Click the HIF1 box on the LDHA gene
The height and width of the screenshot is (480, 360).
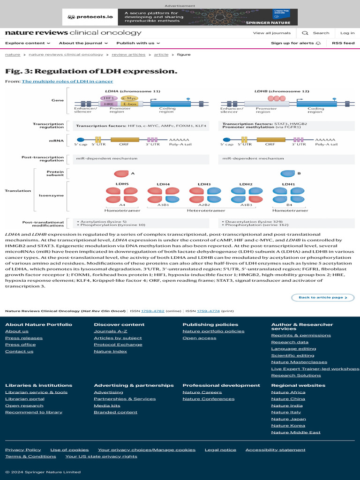tap(108, 98)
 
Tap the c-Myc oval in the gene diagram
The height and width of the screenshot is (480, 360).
tap(128, 98)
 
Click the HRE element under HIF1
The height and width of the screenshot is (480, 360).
tap(108, 104)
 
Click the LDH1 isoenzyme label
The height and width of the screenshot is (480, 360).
tap(288, 184)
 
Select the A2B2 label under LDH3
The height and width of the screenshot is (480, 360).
tap(204, 205)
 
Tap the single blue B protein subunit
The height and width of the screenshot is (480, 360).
tap(288, 173)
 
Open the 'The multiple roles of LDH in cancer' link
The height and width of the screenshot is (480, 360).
tap(67, 81)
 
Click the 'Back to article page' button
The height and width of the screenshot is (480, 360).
tap(323, 297)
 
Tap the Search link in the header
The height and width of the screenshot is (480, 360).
tap(316, 33)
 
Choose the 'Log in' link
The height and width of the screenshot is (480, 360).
tap(347, 33)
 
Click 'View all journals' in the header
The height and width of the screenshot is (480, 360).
tap(272, 33)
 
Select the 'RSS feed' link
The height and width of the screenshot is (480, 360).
tap(343, 43)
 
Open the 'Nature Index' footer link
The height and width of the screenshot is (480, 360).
tap(110, 351)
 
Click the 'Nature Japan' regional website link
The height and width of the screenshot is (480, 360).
tap(288, 419)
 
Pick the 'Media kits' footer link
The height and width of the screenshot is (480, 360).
tap(107, 405)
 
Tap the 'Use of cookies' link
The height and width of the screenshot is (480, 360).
tap(69, 450)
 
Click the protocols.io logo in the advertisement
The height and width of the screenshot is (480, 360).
tap(90, 17)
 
